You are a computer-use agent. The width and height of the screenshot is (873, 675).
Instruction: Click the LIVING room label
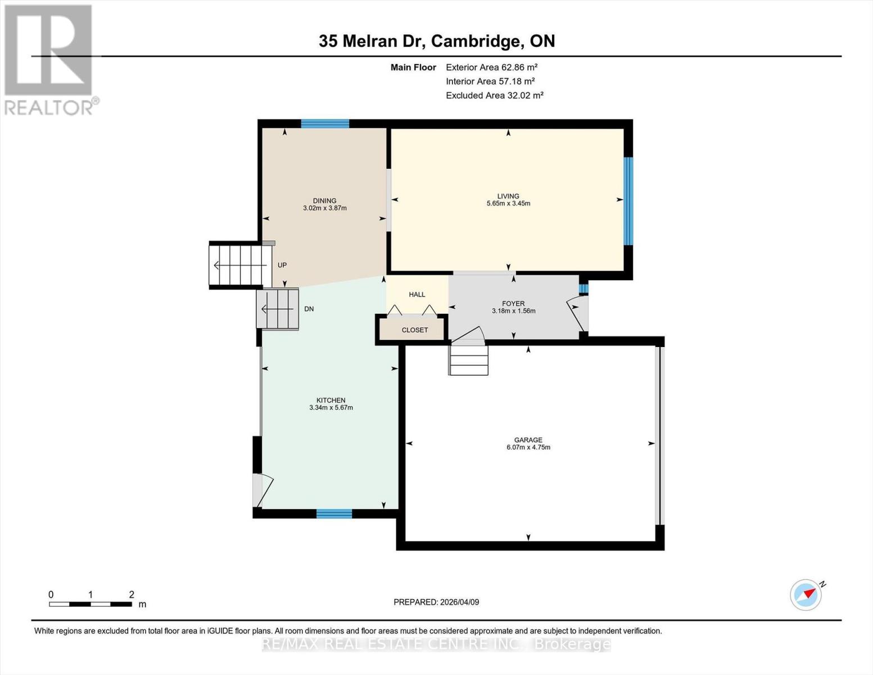pyautogui.click(x=508, y=196)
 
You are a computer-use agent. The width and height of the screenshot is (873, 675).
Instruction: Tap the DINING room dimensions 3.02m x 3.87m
pyautogui.click(x=324, y=208)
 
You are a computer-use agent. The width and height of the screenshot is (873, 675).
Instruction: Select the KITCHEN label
pyautogui.click(x=331, y=400)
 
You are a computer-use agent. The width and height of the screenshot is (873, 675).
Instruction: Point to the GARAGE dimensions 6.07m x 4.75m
pyautogui.click(x=528, y=448)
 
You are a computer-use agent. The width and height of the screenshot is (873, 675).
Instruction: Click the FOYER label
pyautogui.click(x=513, y=303)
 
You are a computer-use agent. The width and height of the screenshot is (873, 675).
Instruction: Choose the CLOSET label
pyautogui.click(x=414, y=330)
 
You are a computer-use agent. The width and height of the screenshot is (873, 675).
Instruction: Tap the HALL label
pyautogui.click(x=417, y=294)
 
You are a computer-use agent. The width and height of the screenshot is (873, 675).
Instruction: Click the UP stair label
pyautogui.click(x=282, y=265)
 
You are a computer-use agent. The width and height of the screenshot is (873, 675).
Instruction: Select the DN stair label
pyautogui.click(x=309, y=309)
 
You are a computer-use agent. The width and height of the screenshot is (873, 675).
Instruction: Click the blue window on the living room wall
pyautogui.click(x=628, y=201)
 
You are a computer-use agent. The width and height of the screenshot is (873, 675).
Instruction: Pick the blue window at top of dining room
pyautogui.click(x=324, y=124)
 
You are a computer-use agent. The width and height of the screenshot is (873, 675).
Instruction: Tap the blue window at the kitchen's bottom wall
pyautogui.click(x=333, y=513)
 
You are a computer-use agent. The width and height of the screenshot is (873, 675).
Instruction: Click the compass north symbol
pyautogui.click(x=806, y=594)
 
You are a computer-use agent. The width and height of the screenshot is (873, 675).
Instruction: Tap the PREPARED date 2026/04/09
pyautogui.click(x=436, y=602)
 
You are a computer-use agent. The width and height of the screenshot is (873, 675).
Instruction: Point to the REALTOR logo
pyautogui.click(x=49, y=59)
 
